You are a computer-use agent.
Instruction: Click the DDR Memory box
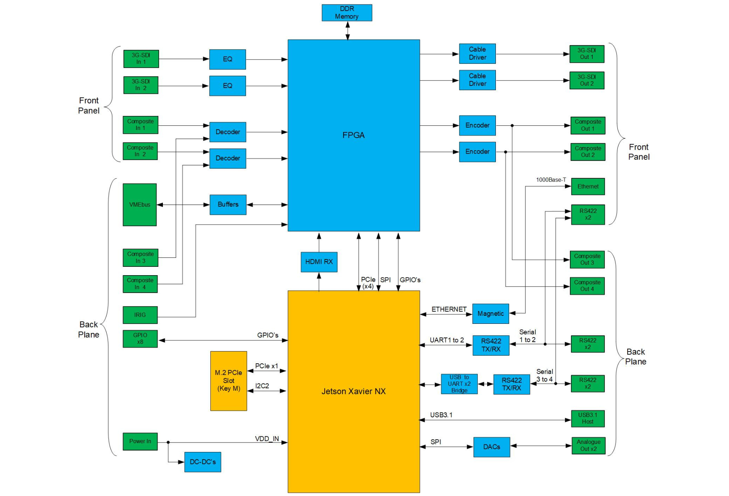[x=347, y=13]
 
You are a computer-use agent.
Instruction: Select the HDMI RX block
[x=319, y=262]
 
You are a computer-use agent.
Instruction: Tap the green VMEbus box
[x=140, y=204]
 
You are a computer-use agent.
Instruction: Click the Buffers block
[x=228, y=204]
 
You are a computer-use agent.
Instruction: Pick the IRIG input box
[x=140, y=315]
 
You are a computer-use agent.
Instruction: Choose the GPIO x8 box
[x=140, y=339]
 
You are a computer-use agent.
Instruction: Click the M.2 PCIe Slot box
[x=229, y=381]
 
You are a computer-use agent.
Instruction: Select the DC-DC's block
[x=203, y=462]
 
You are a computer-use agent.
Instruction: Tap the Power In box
[x=140, y=441]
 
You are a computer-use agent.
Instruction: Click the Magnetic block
[x=491, y=314]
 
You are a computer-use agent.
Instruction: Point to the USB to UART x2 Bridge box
[x=459, y=384]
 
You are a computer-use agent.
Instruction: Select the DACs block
[x=492, y=447]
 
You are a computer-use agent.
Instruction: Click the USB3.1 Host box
[x=588, y=418]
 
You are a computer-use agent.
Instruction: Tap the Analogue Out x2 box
[x=589, y=445]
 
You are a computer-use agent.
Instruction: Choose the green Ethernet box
[x=588, y=186]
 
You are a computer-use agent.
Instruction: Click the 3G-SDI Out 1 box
[x=587, y=54]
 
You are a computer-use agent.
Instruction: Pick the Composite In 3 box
[x=140, y=258]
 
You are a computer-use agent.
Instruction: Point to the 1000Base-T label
[x=551, y=180]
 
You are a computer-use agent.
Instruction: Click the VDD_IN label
[x=267, y=439]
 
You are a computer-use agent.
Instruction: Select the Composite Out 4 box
[x=587, y=286]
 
